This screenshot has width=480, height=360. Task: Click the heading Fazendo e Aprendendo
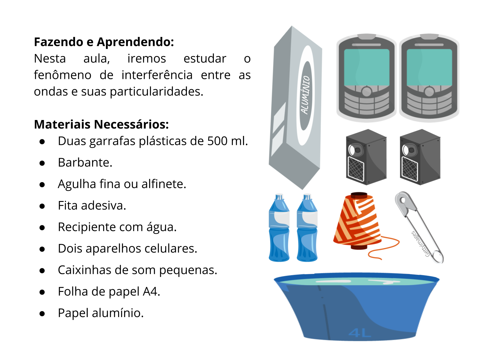[104, 42]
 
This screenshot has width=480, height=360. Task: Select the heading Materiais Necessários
[101, 124]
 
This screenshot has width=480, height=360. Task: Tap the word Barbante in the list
[85, 163]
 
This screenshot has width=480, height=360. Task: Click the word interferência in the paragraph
[157, 75]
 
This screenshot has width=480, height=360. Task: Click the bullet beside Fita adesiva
[42, 206]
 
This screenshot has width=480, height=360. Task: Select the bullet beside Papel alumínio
[42, 313]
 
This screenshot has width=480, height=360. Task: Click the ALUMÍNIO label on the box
[305, 95]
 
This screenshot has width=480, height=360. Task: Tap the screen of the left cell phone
[367, 67]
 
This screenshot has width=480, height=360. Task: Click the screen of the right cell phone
[429, 67]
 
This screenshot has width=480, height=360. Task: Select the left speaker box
[366, 157]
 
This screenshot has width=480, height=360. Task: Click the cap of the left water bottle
[279, 197]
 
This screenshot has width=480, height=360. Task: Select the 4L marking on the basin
[360, 333]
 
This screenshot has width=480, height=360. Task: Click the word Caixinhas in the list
[85, 270]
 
